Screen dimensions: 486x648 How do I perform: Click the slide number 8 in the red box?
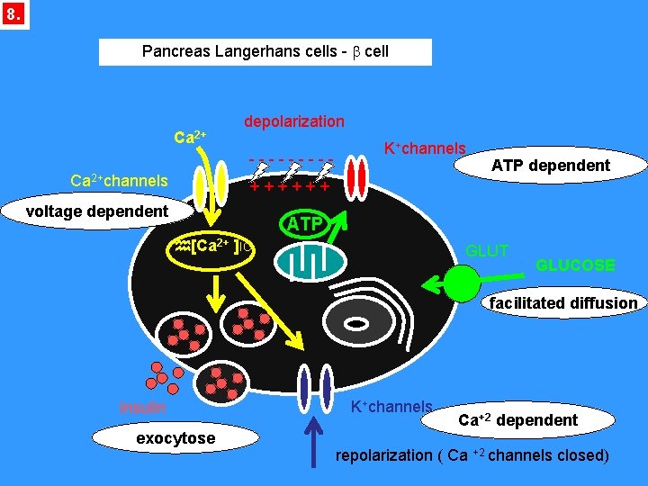pos(14,14)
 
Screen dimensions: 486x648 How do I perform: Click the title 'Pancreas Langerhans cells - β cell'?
pos(265,51)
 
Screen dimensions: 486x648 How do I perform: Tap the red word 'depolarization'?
pos(294,121)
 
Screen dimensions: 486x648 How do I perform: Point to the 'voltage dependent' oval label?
pos(97,211)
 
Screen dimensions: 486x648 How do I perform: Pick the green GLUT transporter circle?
pos(463,283)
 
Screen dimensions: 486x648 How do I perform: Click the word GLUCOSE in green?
pos(575,265)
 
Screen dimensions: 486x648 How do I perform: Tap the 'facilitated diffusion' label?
pos(563,303)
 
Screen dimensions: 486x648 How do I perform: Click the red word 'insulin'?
pos(142,407)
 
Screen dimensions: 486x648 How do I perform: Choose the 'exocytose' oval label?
pos(175,438)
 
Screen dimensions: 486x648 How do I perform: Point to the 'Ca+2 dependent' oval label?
pos(517,420)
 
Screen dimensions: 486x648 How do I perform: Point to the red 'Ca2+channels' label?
pos(120,181)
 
